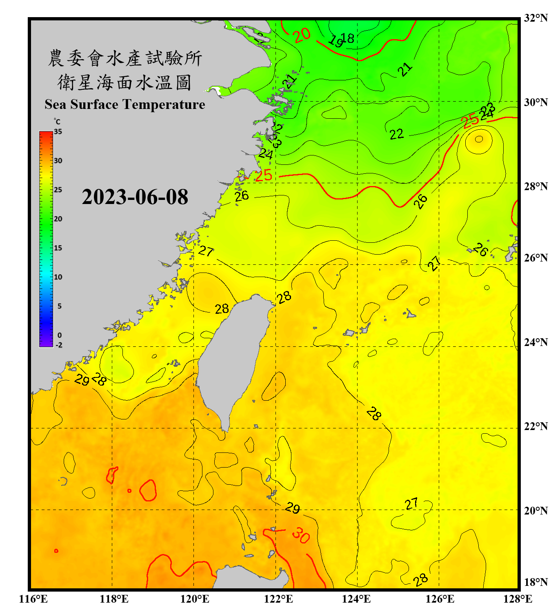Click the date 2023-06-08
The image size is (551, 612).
point(135,197)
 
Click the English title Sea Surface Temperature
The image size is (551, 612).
point(124,104)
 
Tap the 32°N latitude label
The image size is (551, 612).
point(535,18)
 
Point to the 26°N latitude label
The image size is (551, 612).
point(535,258)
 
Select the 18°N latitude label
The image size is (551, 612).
point(535,582)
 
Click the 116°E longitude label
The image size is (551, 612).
point(33,599)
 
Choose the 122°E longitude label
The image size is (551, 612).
point(278,599)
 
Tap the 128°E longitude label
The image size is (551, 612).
point(518,599)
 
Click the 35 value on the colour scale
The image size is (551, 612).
point(58,132)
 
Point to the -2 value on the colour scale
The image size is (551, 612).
point(59,345)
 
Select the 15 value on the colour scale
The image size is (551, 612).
point(58,248)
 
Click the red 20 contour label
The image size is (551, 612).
point(302,35)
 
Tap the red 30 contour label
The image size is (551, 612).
point(301,535)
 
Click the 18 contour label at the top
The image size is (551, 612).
point(348,38)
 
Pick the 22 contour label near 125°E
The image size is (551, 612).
point(396,134)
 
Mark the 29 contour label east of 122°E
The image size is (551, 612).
point(292,508)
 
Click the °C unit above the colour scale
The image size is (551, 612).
point(57,122)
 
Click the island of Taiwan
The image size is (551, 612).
point(233,359)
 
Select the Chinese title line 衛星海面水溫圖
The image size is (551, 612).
point(124,82)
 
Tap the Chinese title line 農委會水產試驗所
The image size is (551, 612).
point(124,58)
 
